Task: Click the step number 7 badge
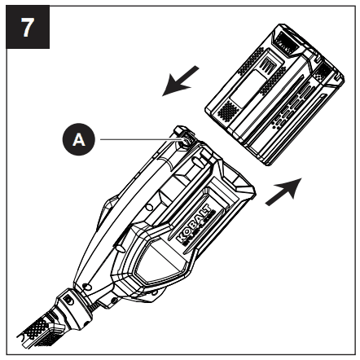tap(28, 27)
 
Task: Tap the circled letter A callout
tap(79, 139)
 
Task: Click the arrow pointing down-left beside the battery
tap(181, 81)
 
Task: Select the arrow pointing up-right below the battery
tap(283, 191)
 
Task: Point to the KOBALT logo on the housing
tap(195, 224)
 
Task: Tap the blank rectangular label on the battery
tap(248, 88)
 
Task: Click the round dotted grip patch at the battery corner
tap(228, 111)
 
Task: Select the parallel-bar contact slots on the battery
tap(268, 65)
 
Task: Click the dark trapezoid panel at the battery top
tap(286, 41)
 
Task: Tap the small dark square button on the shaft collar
tap(68, 301)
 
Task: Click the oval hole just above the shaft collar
tap(86, 286)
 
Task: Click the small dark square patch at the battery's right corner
tap(323, 71)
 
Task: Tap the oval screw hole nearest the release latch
tap(197, 162)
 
